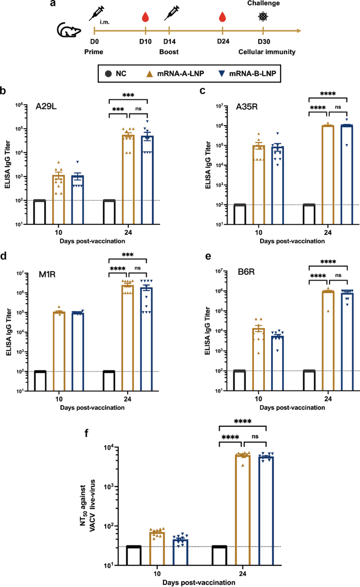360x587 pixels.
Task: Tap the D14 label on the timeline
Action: pos(169,42)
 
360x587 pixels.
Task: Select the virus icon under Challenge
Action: pos(262,17)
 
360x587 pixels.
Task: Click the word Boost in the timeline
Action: pos(169,52)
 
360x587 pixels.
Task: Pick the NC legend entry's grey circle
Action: pos(108,74)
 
